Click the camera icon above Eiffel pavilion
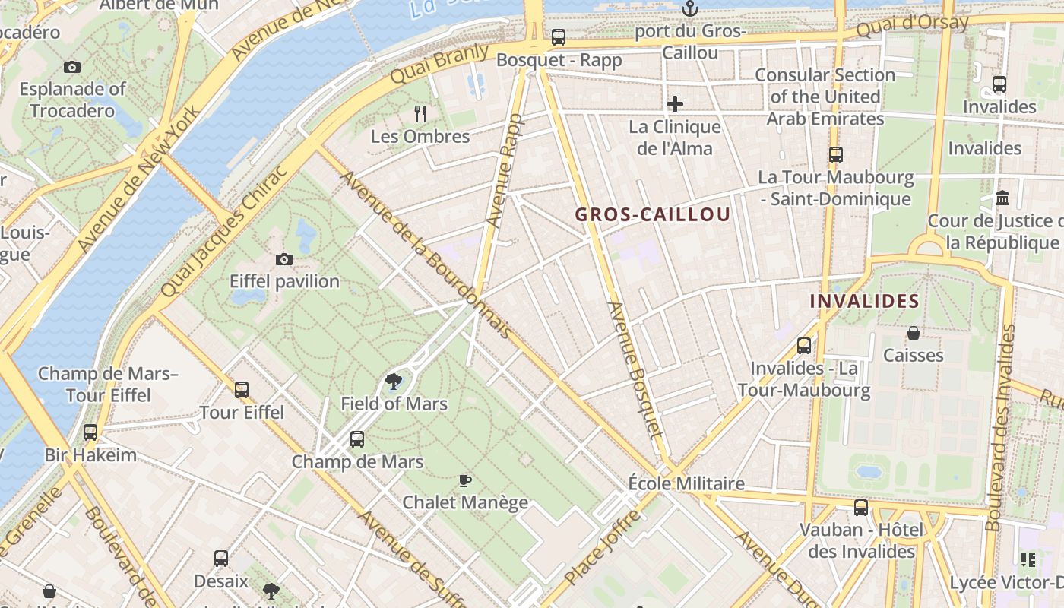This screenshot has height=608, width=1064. pyautogui.click(x=284, y=259)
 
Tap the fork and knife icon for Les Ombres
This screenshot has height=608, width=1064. pyautogui.click(x=420, y=114)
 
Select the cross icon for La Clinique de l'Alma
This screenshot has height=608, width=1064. pyautogui.click(x=675, y=104)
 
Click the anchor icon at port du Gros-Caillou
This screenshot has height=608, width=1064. pyautogui.click(x=690, y=9)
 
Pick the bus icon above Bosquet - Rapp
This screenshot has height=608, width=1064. pyautogui.click(x=559, y=36)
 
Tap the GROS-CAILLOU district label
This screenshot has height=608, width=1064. pyautogui.click(x=653, y=214)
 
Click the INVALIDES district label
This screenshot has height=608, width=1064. pyautogui.click(x=864, y=301)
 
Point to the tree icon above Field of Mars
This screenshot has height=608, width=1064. pyautogui.click(x=394, y=382)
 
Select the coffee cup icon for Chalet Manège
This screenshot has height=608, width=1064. pyautogui.click(x=465, y=480)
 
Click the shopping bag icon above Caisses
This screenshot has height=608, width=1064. pyautogui.click(x=914, y=333)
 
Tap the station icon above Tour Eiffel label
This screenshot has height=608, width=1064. pyautogui.click(x=242, y=390)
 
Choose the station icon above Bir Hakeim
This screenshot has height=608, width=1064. pyautogui.click(x=90, y=432)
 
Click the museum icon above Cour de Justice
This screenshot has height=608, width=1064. pyautogui.click(x=1002, y=198)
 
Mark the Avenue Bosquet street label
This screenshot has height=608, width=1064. pyautogui.click(x=635, y=369)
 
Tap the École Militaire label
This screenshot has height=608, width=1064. pyautogui.click(x=686, y=483)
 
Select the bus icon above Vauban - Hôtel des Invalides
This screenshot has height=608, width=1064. pyautogui.click(x=861, y=507)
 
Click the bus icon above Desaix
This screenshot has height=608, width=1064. pyautogui.click(x=221, y=559)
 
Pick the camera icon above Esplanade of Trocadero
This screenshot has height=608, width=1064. pyautogui.click(x=72, y=67)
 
